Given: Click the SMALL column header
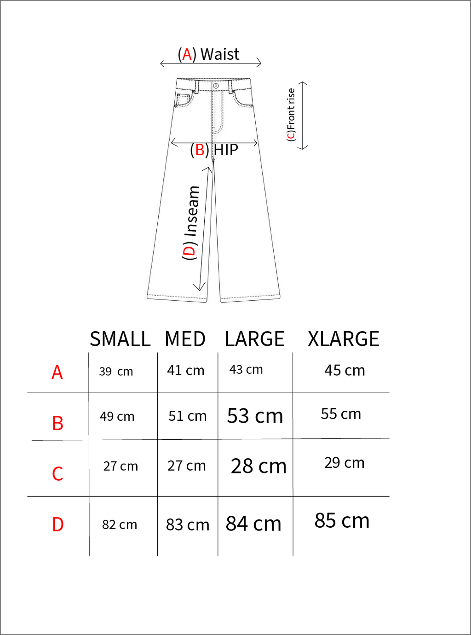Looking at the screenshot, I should point(120,339).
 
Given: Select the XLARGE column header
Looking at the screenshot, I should point(343,339).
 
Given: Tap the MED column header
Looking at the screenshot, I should point(185,339).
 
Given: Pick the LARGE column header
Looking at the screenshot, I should point(254,339).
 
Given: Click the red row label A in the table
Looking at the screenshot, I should point(57,373).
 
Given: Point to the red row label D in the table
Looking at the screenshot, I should point(57,524).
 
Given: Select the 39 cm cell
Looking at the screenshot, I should point(116,372).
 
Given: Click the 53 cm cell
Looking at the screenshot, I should point(255,416).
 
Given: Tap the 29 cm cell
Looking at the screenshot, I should point(344,463).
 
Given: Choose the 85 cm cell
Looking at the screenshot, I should point(342,521).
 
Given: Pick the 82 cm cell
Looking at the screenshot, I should point(120,525).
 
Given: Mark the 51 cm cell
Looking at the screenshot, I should point(187,416).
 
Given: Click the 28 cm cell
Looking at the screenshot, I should point(258,466).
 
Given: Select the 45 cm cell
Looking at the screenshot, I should point(345,371).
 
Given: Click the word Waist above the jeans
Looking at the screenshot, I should point(220,54).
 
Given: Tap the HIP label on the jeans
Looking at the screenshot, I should point(226,150).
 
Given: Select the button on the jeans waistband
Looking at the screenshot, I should point(216,86).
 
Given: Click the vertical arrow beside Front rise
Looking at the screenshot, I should point(303,115).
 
